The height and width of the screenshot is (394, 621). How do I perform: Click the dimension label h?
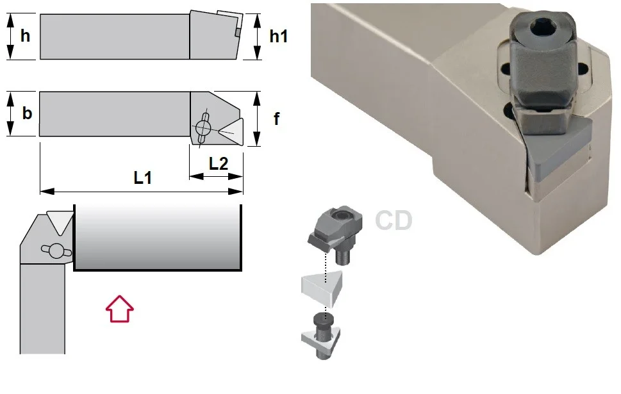coord(25,36)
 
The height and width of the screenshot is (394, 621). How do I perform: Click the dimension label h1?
coord(278,37)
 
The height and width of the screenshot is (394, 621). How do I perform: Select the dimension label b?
coord(26,113)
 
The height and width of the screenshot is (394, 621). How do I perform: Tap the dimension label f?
coord(276,119)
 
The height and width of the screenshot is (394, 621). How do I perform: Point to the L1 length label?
coord(142,178)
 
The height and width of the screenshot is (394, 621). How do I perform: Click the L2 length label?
coord(219,163)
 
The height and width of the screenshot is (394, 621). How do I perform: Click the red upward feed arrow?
coord(120,309)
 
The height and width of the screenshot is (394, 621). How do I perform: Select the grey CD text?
coord(393,220)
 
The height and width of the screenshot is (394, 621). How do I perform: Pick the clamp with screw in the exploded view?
coord(334,234)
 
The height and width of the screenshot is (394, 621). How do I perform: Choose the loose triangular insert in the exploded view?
coord(321,288)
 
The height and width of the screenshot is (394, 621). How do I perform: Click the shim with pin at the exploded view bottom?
coord(322,336)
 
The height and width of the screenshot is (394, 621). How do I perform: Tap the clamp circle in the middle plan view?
coord(203,127)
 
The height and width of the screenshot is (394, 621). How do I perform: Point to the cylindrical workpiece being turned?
coord(158,238)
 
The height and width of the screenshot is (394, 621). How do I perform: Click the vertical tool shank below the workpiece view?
coord(42,309)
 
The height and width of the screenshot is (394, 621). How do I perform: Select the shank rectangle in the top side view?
coord(115,37)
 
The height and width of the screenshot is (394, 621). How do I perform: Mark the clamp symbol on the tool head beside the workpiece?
coord(56,251)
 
